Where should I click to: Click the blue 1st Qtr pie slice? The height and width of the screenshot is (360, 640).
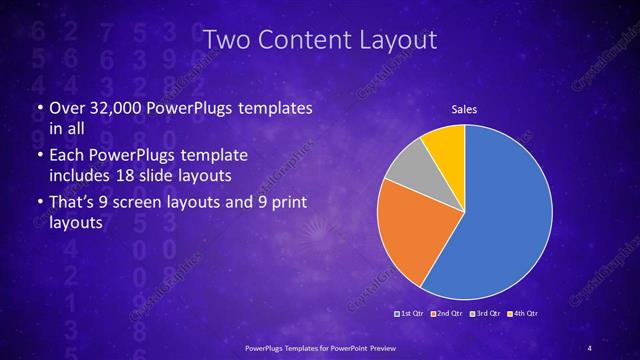coord(500,215)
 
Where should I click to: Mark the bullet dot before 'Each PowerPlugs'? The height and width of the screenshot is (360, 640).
coord(38,157)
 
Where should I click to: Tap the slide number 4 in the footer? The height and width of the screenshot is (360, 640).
coord(590,347)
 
